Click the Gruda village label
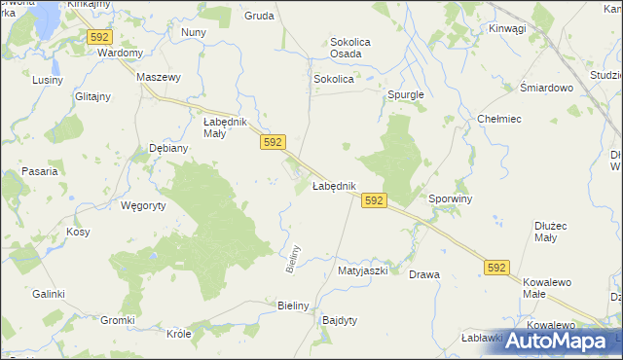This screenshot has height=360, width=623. (258, 17)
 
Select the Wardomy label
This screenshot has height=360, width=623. (121, 53)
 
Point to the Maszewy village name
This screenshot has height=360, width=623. (160, 77)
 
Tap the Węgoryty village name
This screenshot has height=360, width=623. (143, 205)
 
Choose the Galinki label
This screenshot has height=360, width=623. (48, 294)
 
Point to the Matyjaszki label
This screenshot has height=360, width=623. (362, 271)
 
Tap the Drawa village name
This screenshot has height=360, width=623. (424, 274)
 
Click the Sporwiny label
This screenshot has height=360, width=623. (450, 198)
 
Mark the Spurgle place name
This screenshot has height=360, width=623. (406, 95)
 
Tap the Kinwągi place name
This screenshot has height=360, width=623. (507, 28)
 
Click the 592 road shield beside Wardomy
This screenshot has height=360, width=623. (99, 37)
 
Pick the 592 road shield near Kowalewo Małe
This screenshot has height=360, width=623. (496, 268)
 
